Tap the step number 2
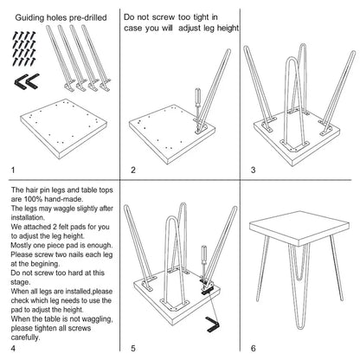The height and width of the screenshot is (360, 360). (133, 170)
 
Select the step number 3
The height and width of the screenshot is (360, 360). (253, 170)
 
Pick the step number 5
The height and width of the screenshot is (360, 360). (133, 348)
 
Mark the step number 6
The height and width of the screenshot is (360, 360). (253, 348)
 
